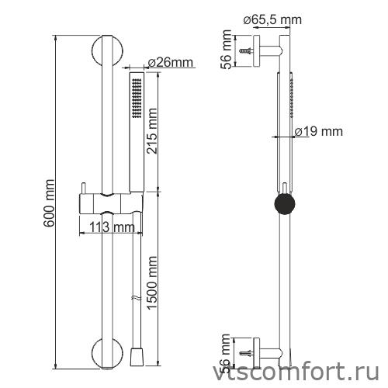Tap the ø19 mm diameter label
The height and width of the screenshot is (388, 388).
point(318,132)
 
